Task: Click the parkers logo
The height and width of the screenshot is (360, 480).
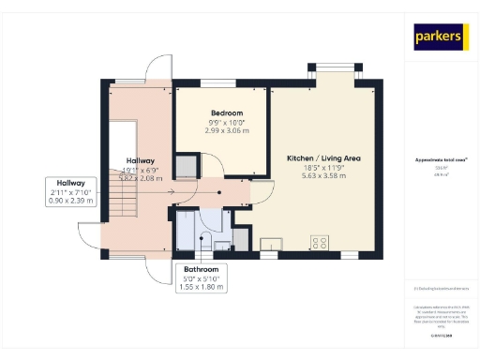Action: click(439, 37)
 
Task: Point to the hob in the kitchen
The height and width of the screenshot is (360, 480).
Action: click(320, 242)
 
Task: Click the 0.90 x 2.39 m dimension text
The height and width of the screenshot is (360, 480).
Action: click(70, 202)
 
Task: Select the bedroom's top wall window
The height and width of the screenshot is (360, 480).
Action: click(222, 83)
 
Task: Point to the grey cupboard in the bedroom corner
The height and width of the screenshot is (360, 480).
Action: click(187, 166)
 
